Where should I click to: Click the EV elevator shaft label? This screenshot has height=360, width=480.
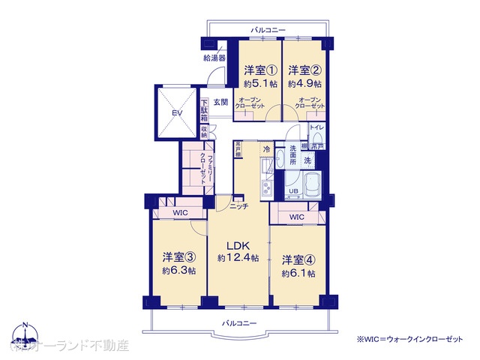[x=177, y=112]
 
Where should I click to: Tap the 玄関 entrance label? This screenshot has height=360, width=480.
[x=220, y=102]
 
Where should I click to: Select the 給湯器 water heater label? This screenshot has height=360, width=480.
[x=213, y=58]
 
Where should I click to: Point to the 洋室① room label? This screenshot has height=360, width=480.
[x=259, y=70]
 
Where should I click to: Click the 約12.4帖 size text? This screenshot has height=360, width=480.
[x=238, y=258]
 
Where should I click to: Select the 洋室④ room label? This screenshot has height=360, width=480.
[x=298, y=260]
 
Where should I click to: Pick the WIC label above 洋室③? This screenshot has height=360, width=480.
[x=180, y=213]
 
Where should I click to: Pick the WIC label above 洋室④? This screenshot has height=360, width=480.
[x=296, y=217]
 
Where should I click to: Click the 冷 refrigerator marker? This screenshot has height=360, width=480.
[x=266, y=150]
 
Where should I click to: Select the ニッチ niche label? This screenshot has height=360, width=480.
[x=239, y=205]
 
